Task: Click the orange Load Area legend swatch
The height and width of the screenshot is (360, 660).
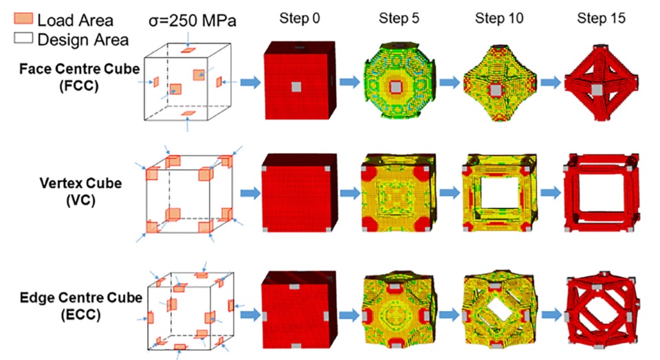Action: coord(23,19)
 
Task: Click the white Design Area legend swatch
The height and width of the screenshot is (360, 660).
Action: coord(23,38)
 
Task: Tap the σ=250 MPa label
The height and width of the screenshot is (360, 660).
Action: coord(192,21)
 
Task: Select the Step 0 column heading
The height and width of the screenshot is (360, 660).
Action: coord(300,18)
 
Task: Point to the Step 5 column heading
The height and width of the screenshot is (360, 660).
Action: coord(399,18)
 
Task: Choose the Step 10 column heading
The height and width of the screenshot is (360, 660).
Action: coord(499,18)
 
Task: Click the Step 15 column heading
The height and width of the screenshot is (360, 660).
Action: coord(601,18)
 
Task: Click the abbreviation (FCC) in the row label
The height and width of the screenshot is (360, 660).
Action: coord(79,86)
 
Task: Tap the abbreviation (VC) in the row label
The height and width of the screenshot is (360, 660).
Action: coord(81,200)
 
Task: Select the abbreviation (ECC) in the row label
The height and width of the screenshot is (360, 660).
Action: coord(81,315)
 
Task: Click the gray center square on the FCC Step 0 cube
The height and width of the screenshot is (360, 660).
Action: coord(296,87)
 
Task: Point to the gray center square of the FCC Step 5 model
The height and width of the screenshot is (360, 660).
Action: coord(396,87)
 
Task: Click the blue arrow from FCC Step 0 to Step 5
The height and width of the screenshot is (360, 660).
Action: coord(350,82)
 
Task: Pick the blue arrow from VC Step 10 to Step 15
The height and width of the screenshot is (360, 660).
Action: coord(551,192)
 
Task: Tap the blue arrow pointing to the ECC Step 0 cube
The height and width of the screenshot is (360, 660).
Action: coord(251,314)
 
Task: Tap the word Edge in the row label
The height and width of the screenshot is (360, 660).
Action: coord(34,297)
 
